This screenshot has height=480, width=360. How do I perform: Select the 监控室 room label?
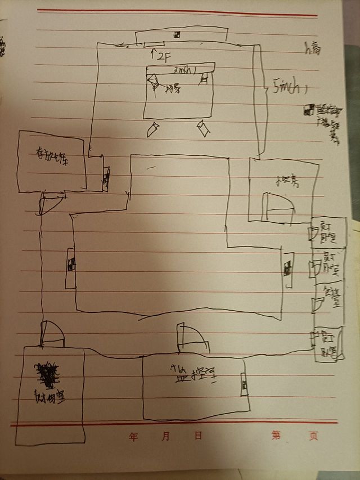[193, 373]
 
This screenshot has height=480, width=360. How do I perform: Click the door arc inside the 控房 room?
[278, 206]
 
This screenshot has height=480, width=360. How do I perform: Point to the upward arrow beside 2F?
[152, 55]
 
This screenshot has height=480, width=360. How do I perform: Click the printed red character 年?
[133, 436]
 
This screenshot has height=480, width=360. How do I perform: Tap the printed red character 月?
[166, 436]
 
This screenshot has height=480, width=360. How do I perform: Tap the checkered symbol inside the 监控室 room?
[244, 385]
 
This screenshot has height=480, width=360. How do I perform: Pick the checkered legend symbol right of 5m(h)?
[308, 110]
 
